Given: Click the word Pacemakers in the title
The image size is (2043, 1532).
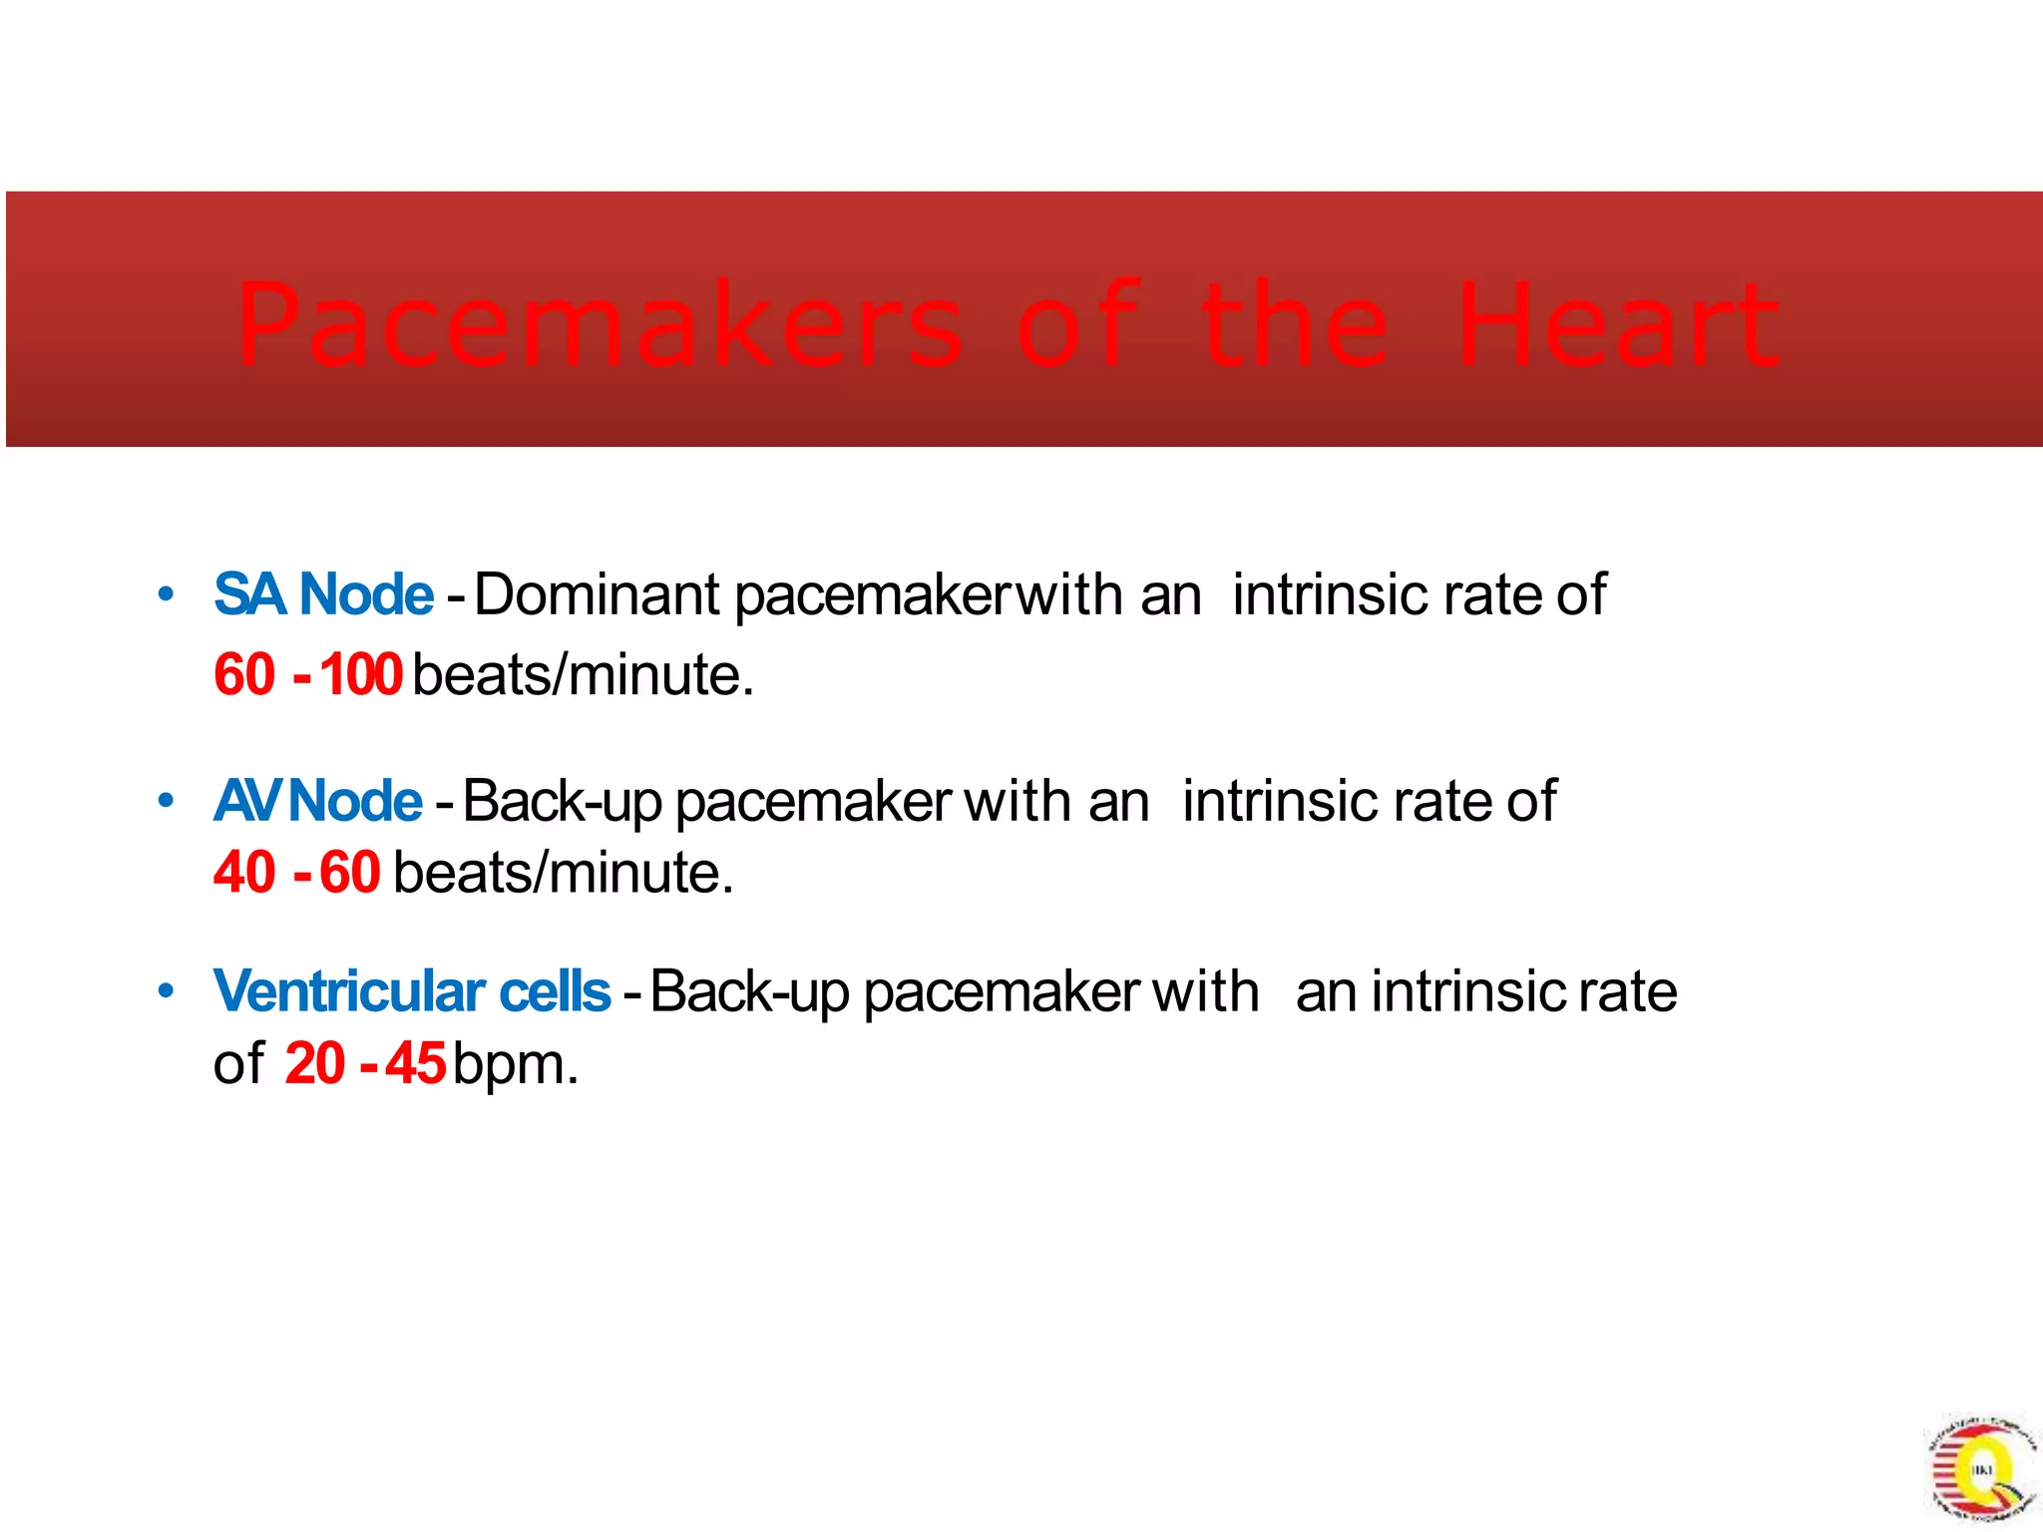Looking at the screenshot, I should click(600, 324).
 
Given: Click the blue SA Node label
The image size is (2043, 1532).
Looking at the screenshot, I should click(324, 594).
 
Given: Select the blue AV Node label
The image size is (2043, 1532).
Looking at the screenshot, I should click(318, 801).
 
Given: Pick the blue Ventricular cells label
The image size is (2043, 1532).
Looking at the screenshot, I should click(412, 991).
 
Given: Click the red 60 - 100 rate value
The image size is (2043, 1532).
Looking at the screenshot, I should click(307, 675).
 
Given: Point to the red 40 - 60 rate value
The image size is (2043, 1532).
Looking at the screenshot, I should click(296, 873).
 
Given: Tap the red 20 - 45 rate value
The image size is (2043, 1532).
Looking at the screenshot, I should click(364, 1064).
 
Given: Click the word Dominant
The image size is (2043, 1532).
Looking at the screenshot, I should click(597, 594).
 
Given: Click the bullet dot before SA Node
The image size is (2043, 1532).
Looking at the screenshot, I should click(167, 595).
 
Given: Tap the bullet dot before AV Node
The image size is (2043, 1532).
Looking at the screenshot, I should click(167, 801).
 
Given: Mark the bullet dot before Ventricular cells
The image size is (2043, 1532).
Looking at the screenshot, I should click(167, 991).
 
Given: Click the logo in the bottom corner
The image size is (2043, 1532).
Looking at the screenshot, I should click(1980, 1467).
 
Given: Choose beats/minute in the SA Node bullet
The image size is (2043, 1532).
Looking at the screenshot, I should click(583, 675).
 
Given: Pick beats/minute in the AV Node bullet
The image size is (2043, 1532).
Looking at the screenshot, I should click(564, 873).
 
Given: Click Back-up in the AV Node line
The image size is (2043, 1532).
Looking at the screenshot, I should click(563, 801).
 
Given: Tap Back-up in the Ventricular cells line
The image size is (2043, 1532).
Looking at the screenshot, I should click(749, 991).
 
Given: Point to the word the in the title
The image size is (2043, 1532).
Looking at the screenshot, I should click(1294, 324).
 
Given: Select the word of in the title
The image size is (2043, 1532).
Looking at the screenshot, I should click(1077, 324).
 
